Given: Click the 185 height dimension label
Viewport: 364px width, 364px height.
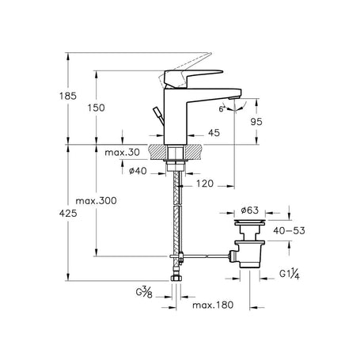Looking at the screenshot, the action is click(68, 96).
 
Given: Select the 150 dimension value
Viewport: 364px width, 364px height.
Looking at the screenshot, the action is click(96, 108).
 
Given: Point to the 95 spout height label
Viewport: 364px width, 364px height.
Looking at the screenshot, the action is click(256, 122).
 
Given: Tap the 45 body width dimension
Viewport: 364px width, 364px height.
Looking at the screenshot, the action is click(214, 133).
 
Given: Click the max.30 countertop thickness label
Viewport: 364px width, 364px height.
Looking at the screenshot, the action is click(122, 152).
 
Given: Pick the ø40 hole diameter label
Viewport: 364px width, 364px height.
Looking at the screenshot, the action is click(138, 171).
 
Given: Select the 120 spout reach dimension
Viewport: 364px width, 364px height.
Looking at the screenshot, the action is click(205, 184).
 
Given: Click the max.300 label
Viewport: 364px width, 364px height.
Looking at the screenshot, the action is click(96, 201).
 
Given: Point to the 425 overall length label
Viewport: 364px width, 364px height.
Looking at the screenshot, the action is click(68, 213).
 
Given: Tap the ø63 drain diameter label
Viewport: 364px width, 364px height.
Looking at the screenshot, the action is click(250, 210).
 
